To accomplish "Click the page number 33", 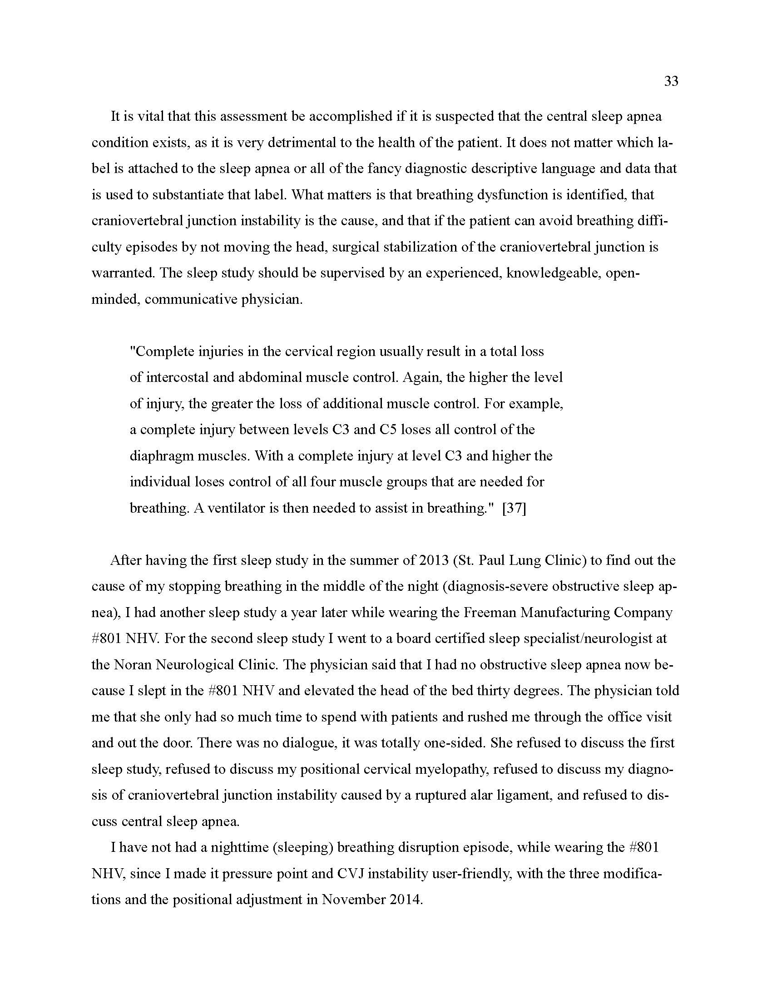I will (x=670, y=81).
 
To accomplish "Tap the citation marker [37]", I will (x=514, y=508).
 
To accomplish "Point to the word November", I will (x=353, y=900).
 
